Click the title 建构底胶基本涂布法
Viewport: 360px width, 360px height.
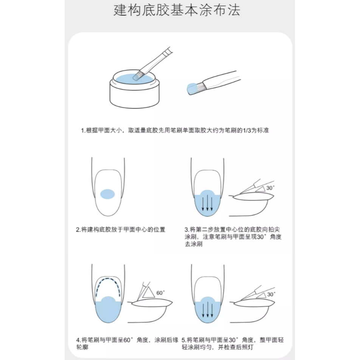coord(177,11)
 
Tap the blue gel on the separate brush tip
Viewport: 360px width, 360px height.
coord(192,88)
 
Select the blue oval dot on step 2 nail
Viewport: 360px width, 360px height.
coord(107,194)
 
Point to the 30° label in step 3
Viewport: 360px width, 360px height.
coord(271,187)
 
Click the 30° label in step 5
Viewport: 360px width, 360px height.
coord(271,293)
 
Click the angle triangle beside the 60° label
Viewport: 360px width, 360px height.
coord(149,292)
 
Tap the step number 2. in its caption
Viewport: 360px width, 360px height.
coord(78,230)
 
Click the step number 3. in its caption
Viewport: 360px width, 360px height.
coord(187,230)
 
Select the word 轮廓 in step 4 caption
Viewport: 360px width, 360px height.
coord(83,347)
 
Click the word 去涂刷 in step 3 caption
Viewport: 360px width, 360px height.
coord(194,244)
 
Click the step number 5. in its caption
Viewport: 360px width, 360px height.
coord(184,340)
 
